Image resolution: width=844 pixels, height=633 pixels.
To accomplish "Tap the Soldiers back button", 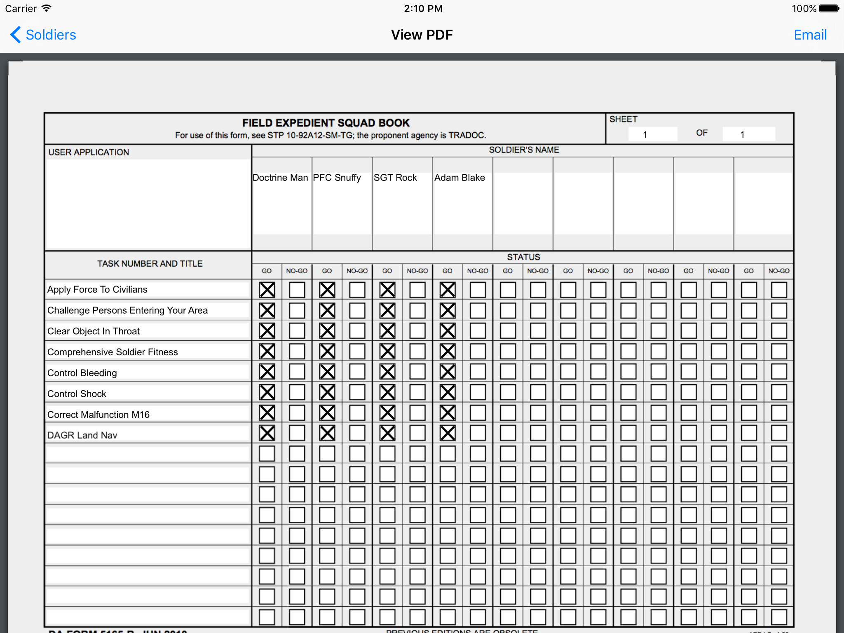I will coord(44,35).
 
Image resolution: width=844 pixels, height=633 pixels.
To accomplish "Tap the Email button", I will coord(810,35).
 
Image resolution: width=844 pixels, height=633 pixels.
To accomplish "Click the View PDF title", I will coord(422,35).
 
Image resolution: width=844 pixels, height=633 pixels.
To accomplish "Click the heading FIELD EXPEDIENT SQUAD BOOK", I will coord(326,123).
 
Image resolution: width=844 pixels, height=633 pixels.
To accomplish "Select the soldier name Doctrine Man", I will coord(280,178).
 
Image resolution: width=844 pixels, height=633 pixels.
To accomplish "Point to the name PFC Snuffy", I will coord(337,178).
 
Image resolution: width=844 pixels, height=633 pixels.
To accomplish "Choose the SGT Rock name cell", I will coord(395,178).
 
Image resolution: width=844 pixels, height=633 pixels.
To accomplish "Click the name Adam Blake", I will coord(460,178).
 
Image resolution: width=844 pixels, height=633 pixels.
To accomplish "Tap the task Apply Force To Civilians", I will coord(97,289).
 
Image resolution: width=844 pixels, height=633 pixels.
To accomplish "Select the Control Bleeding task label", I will coord(82,373).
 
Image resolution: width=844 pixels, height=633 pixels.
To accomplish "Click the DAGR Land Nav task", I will coord(82,435).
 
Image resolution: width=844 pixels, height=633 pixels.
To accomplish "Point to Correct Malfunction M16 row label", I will coord(98,415).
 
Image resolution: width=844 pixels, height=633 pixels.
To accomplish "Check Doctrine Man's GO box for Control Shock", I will coord(267,392).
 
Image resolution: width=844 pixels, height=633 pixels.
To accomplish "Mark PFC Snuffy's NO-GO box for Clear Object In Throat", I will coord(357,331).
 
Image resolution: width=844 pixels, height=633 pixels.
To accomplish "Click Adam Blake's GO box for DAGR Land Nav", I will coord(448,433).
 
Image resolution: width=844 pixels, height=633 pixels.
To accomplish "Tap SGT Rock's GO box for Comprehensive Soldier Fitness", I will coord(387,352).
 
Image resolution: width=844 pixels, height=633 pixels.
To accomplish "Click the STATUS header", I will coord(523,257).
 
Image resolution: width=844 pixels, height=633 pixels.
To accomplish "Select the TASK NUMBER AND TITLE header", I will coord(150,264).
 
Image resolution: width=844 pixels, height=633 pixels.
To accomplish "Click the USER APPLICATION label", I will coord(89,152).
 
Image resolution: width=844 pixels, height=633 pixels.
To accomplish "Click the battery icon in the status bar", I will coord(829,9).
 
